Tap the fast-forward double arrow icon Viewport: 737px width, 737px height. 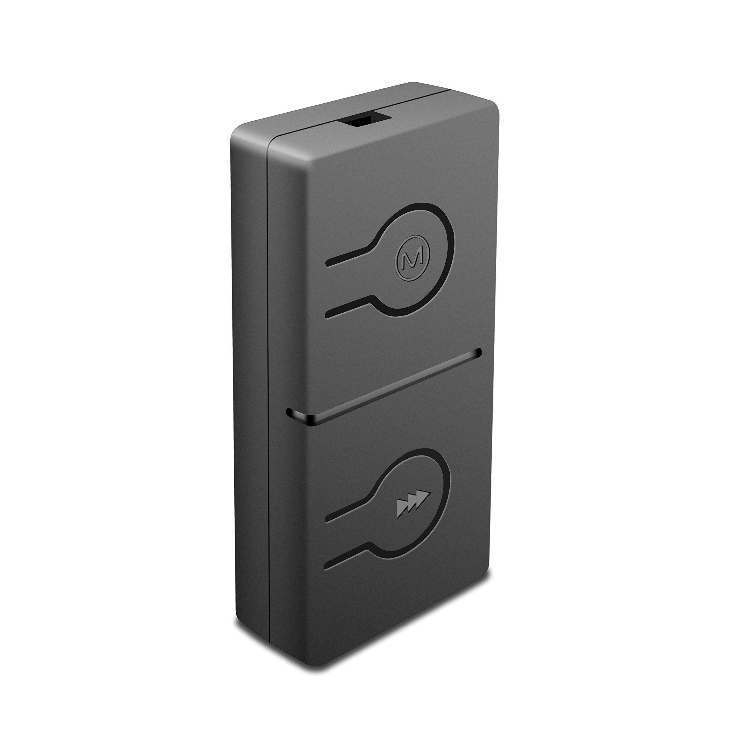413,504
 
